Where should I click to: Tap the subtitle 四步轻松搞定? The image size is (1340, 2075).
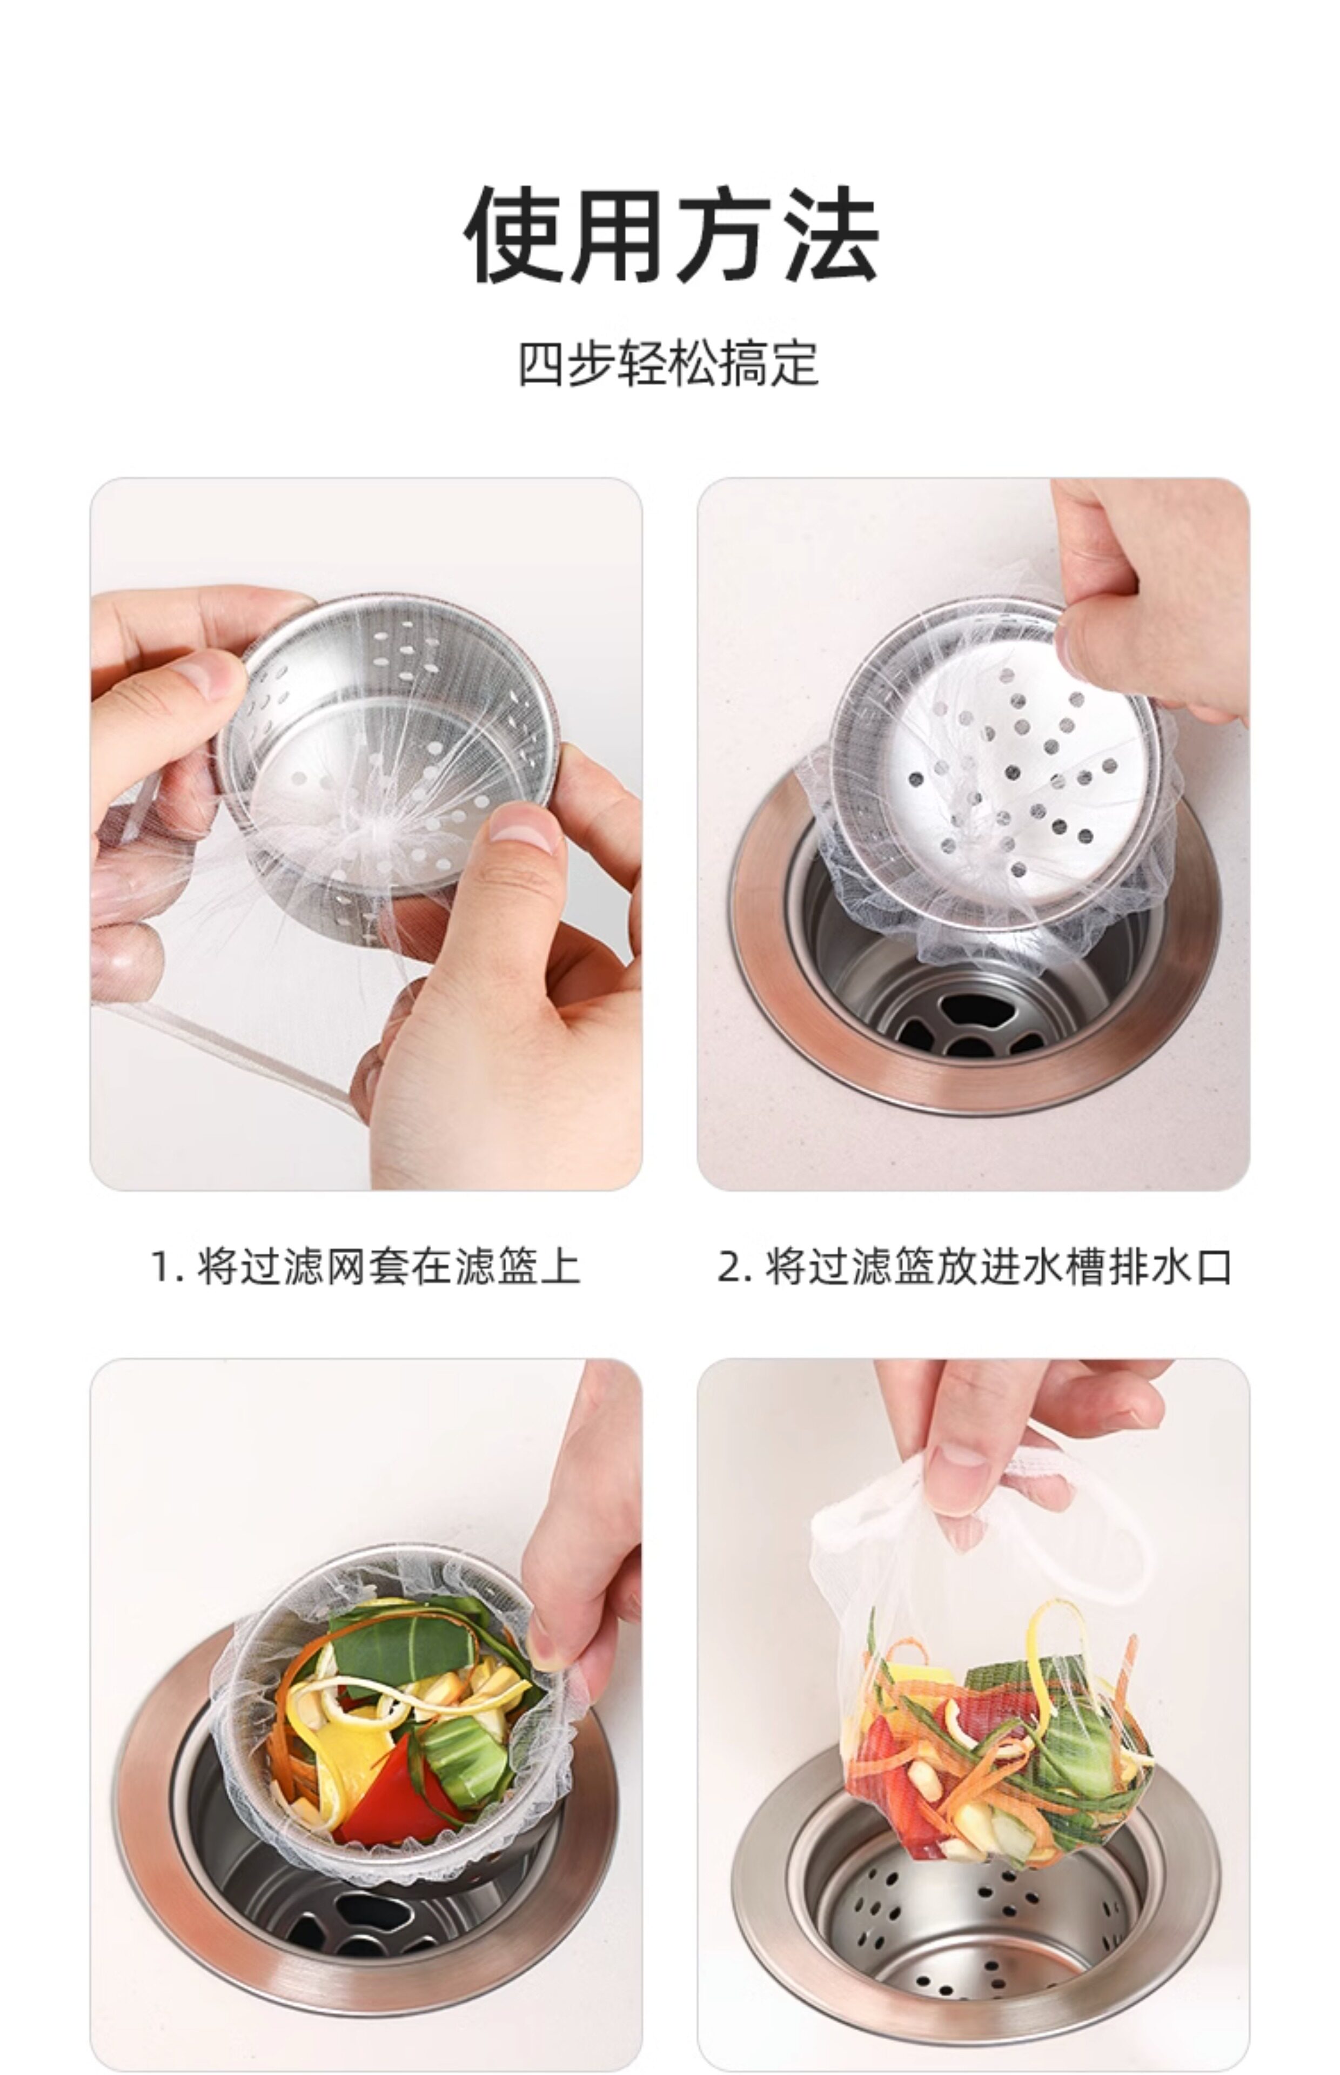coord(669,364)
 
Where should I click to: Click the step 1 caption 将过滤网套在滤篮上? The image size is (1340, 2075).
coord(388,1266)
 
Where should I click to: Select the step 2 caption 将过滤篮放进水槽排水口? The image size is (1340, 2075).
coord(998,1266)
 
